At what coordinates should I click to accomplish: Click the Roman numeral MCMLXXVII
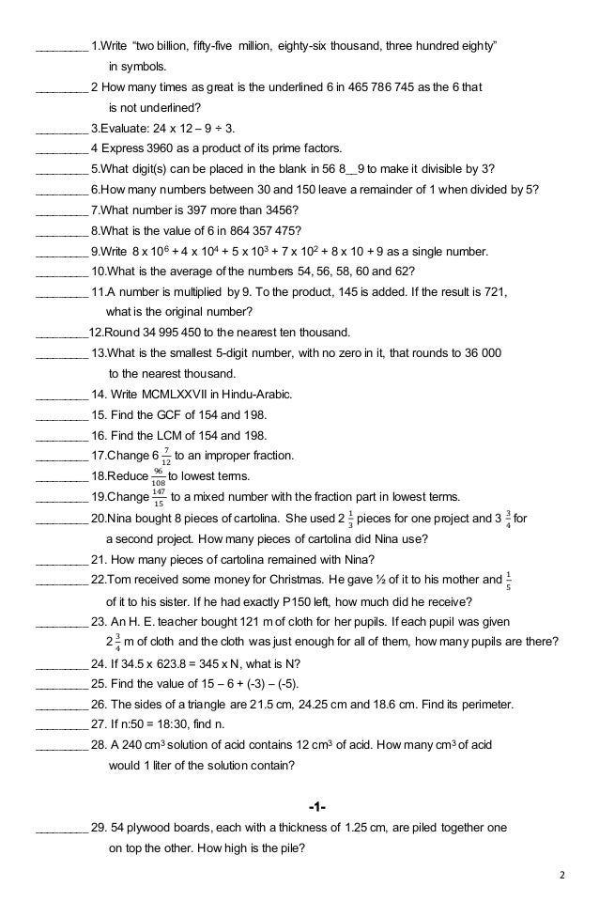[176, 395]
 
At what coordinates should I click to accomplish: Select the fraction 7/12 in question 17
[165, 457]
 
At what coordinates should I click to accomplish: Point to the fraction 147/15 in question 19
[159, 498]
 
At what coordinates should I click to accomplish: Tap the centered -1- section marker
[316, 808]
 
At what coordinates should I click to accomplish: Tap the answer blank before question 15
[61, 415]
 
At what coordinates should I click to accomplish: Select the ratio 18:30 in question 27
[197, 724]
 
